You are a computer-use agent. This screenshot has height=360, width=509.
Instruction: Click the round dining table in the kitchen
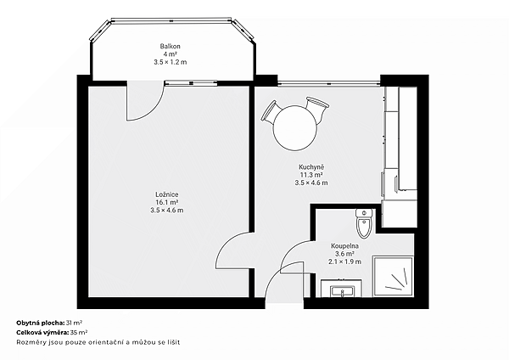(x=294, y=127)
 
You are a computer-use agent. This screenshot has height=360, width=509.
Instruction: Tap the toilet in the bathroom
(x=364, y=223)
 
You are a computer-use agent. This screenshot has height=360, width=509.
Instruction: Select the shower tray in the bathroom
(x=393, y=277)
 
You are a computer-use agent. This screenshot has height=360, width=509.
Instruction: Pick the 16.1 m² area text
(x=167, y=202)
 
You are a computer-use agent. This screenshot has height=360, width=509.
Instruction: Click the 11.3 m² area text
(x=311, y=175)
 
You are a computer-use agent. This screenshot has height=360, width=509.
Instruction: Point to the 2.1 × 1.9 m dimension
(x=344, y=262)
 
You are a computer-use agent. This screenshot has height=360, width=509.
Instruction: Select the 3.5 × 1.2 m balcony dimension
(x=171, y=62)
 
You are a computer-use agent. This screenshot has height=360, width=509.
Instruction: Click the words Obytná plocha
(x=40, y=323)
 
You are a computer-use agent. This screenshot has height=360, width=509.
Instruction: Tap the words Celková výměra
(x=42, y=332)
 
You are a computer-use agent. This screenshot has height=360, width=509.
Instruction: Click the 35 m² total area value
(x=79, y=332)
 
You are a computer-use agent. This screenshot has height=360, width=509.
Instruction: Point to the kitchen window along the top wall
(x=328, y=83)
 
